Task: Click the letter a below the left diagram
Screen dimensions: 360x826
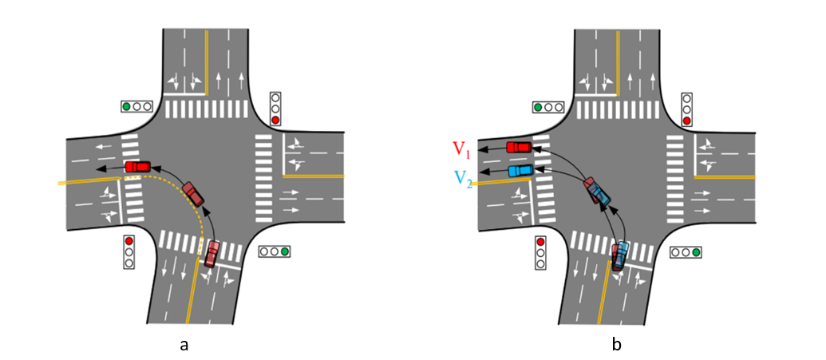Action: point(184,346)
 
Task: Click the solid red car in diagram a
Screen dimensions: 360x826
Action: point(137,167)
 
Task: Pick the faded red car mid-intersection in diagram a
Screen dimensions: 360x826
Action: point(193,194)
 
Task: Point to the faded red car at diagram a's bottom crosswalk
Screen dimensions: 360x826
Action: point(211,253)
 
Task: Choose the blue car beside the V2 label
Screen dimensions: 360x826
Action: point(520,170)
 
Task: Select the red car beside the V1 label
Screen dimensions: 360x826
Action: point(520,147)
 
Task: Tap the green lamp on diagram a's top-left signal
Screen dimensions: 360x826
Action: point(126,106)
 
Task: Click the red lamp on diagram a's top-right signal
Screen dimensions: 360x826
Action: point(275,121)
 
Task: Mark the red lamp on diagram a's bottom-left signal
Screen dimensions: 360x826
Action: point(128,240)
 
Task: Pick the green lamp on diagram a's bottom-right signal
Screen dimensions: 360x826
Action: point(285,251)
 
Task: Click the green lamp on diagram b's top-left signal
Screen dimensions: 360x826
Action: point(538,106)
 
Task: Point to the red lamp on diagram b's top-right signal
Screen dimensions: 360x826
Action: point(686,121)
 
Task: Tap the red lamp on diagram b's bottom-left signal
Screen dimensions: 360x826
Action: point(540,241)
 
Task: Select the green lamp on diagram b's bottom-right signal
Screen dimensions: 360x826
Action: point(696,252)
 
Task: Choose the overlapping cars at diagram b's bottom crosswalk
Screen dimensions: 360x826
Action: point(620,255)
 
